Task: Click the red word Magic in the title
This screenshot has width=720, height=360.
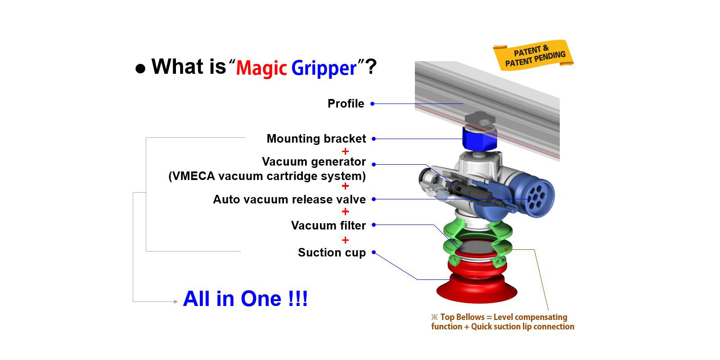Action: point(261,68)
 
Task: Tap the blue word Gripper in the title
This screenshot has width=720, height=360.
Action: point(324,68)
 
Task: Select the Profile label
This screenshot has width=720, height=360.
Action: point(346,103)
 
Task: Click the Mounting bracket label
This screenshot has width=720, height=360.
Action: point(316,139)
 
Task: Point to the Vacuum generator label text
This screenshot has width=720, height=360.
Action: point(314,162)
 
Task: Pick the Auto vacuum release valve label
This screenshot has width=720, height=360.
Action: point(289,199)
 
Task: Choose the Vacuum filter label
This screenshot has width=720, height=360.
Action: point(328,225)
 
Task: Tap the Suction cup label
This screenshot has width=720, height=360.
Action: point(332,252)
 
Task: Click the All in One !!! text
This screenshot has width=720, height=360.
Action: point(246,299)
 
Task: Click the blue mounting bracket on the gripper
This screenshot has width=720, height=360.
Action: point(480,138)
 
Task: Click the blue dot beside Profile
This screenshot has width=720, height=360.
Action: point(372,103)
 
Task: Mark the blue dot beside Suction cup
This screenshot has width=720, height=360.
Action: point(374,252)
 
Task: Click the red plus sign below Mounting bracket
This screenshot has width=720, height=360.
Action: point(345,151)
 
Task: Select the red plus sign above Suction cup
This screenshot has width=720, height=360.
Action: point(345,240)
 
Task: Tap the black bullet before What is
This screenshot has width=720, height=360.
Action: point(140,68)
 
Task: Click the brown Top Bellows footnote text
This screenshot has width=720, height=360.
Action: point(503,322)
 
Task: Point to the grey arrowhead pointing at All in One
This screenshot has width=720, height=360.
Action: point(176,301)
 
